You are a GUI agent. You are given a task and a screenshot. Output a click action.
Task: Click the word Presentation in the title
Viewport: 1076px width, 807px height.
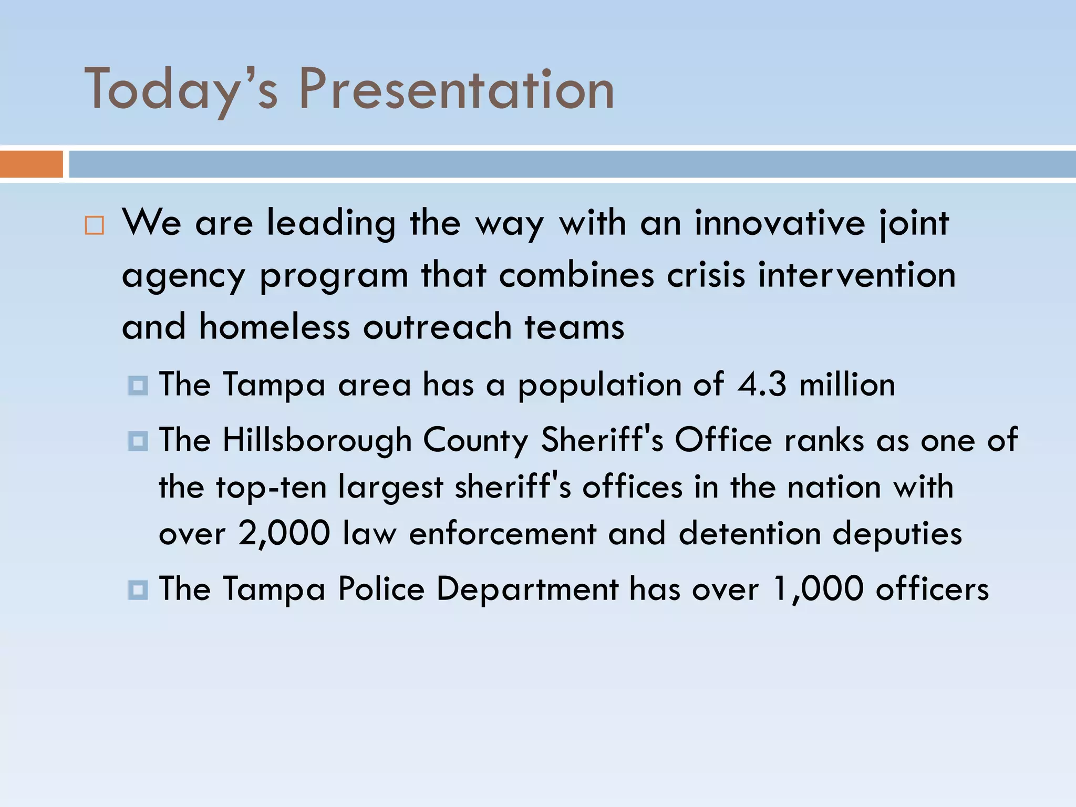point(456,89)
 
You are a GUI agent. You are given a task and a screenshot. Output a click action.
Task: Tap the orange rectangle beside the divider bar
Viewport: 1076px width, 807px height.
point(31,164)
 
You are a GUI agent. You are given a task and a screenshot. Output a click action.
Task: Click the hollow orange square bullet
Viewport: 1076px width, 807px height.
point(95,225)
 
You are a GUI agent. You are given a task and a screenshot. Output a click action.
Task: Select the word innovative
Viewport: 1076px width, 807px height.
point(780,223)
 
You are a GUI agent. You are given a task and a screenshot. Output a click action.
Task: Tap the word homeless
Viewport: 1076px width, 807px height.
point(274,327)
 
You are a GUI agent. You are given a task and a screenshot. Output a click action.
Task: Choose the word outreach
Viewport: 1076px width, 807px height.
point(437,327)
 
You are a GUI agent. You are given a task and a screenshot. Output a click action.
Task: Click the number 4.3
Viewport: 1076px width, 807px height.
point(762,384)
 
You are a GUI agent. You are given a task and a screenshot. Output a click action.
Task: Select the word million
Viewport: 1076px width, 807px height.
point(847,384)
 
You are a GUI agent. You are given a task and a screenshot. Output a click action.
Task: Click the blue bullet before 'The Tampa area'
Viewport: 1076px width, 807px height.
point(138,385)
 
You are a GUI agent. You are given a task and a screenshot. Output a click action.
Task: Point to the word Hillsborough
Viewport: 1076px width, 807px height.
point(317,440)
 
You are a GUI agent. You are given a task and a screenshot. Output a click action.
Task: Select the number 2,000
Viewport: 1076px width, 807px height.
point(284,534)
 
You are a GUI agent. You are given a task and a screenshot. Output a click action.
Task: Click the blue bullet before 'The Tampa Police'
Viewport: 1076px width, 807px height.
point(138,589)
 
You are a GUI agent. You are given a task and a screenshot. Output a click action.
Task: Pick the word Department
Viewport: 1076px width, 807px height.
point(527,589)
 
